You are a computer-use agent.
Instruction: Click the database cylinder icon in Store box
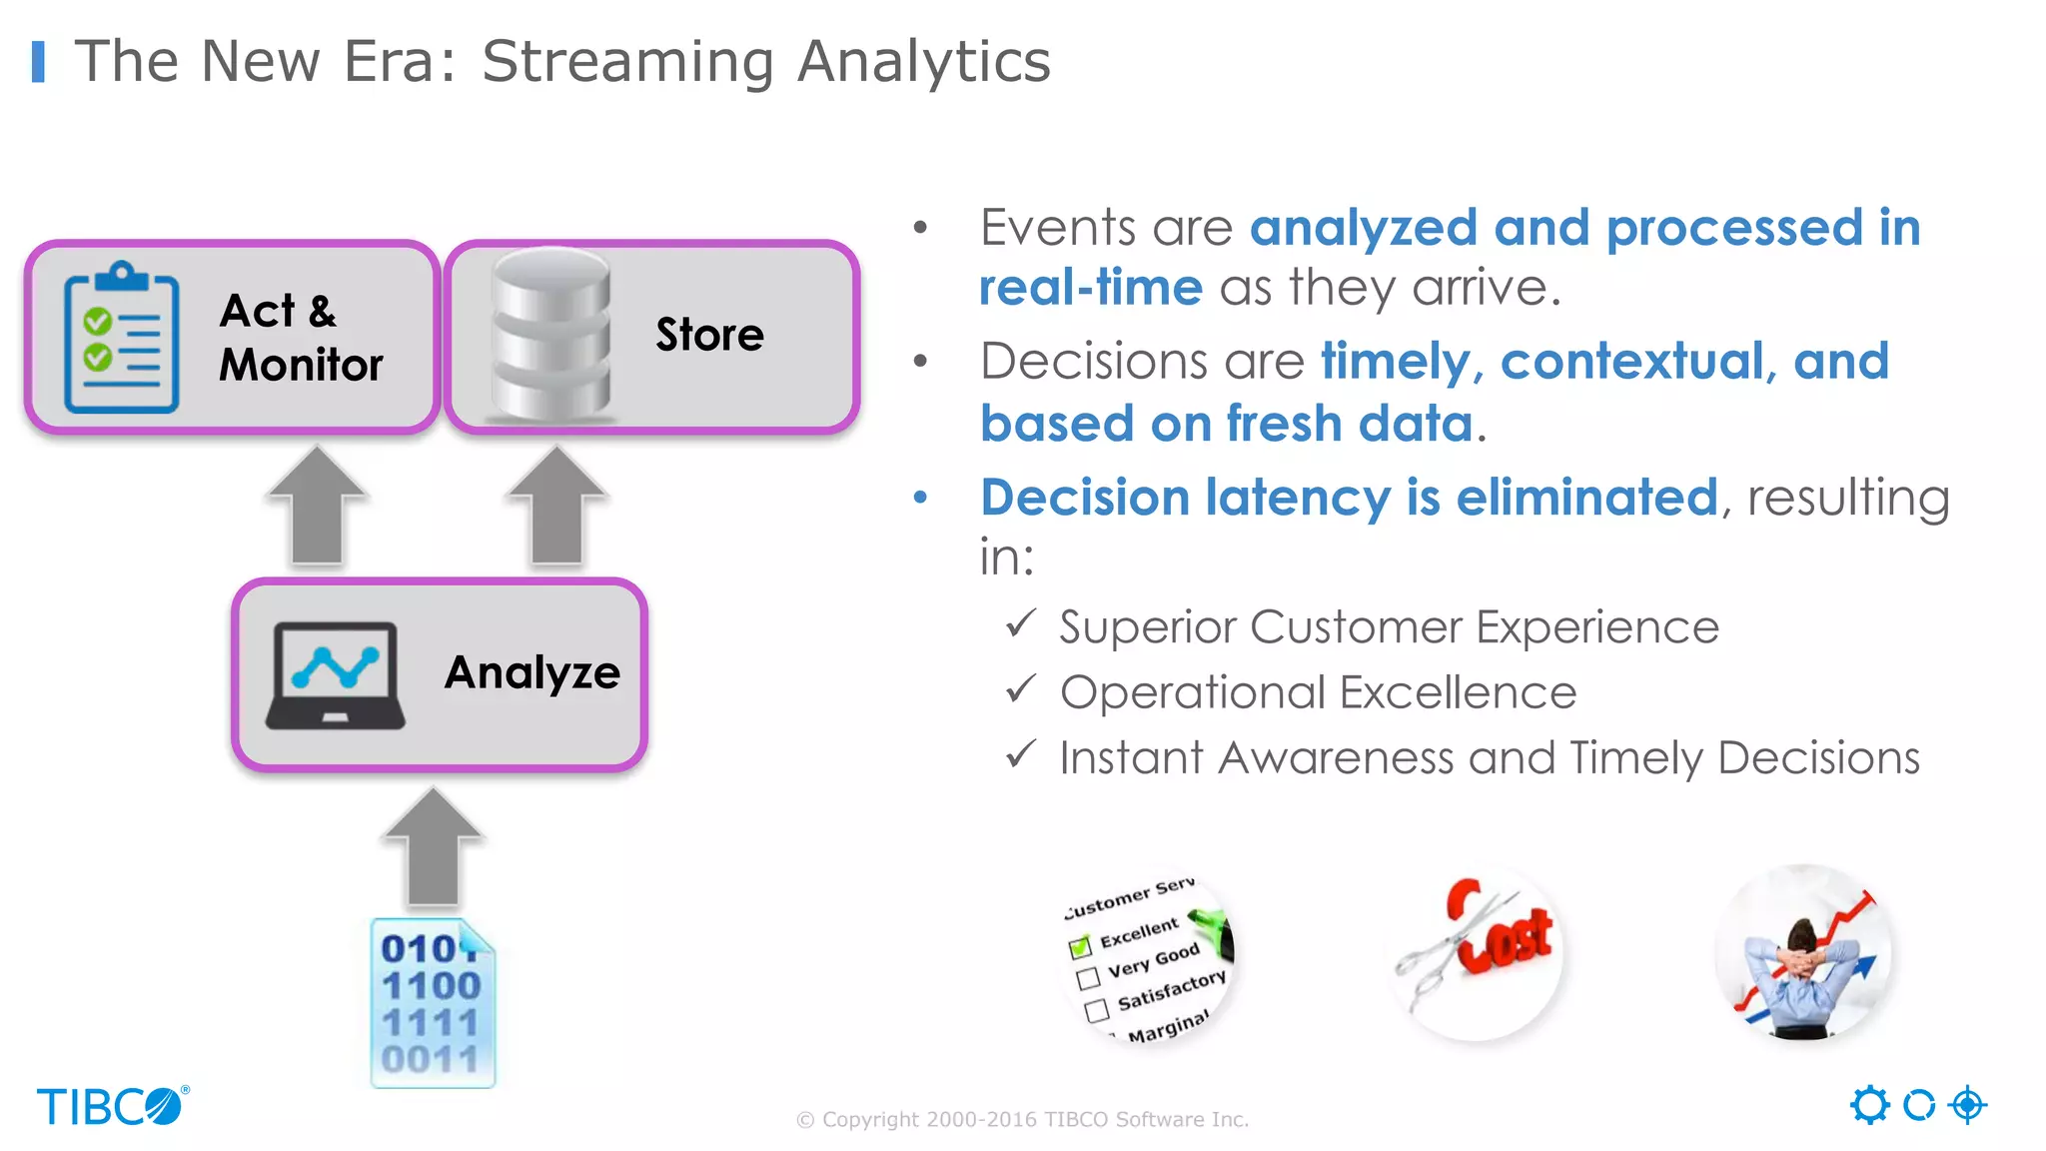(550, 336)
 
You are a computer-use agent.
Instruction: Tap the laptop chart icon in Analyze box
(336, 675)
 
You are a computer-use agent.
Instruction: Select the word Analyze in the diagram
(532, 672)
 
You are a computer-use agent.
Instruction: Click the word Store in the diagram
(709, 335)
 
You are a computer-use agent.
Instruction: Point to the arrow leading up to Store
(556, 507)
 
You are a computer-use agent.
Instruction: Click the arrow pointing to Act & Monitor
(318, 507)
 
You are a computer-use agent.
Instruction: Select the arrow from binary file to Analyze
(433, 847)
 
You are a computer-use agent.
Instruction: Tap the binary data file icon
(433, 1002)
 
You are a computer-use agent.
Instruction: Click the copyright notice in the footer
(1022, 1119)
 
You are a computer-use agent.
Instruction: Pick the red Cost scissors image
(1478, 953)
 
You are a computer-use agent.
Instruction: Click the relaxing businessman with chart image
(1803, 953)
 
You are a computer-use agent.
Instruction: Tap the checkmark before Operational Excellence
(1021, 690)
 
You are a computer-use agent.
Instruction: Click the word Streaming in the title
(627, 62)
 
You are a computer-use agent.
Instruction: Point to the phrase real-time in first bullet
(1090, 289)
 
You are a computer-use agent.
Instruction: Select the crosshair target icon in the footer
(1967, 1105)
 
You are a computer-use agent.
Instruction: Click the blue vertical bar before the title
(38, 62)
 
